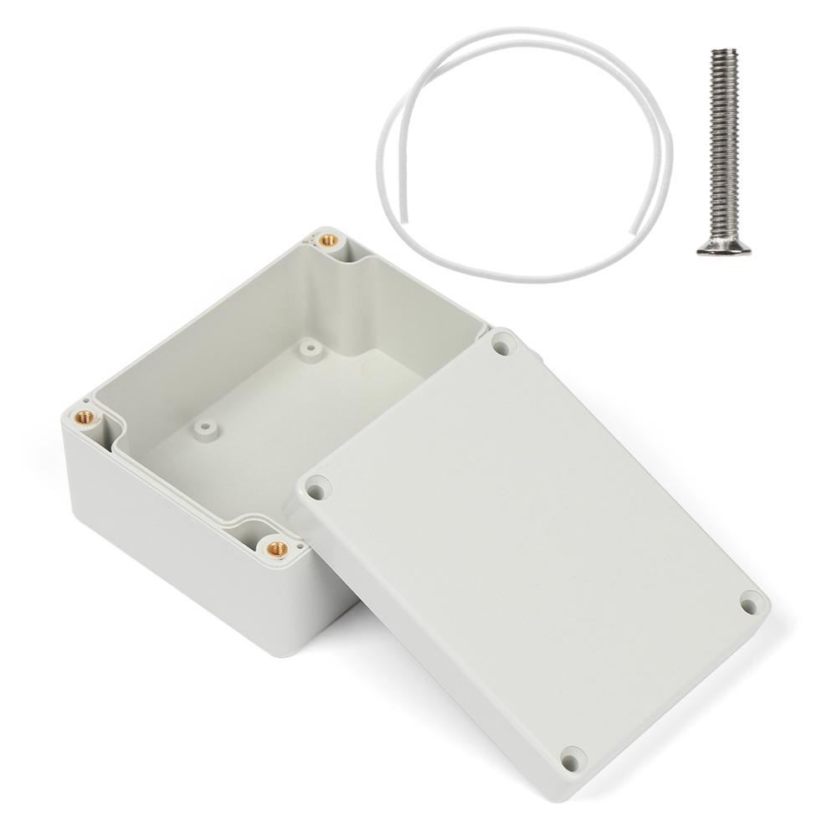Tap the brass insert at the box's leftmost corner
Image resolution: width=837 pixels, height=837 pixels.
pyautogui.click(x=83, y=415)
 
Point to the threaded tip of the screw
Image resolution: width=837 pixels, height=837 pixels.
pyautogui.click(x=723, y=55)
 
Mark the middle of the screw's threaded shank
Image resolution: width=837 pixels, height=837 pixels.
pyautogui.click(x=719, y=142)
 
